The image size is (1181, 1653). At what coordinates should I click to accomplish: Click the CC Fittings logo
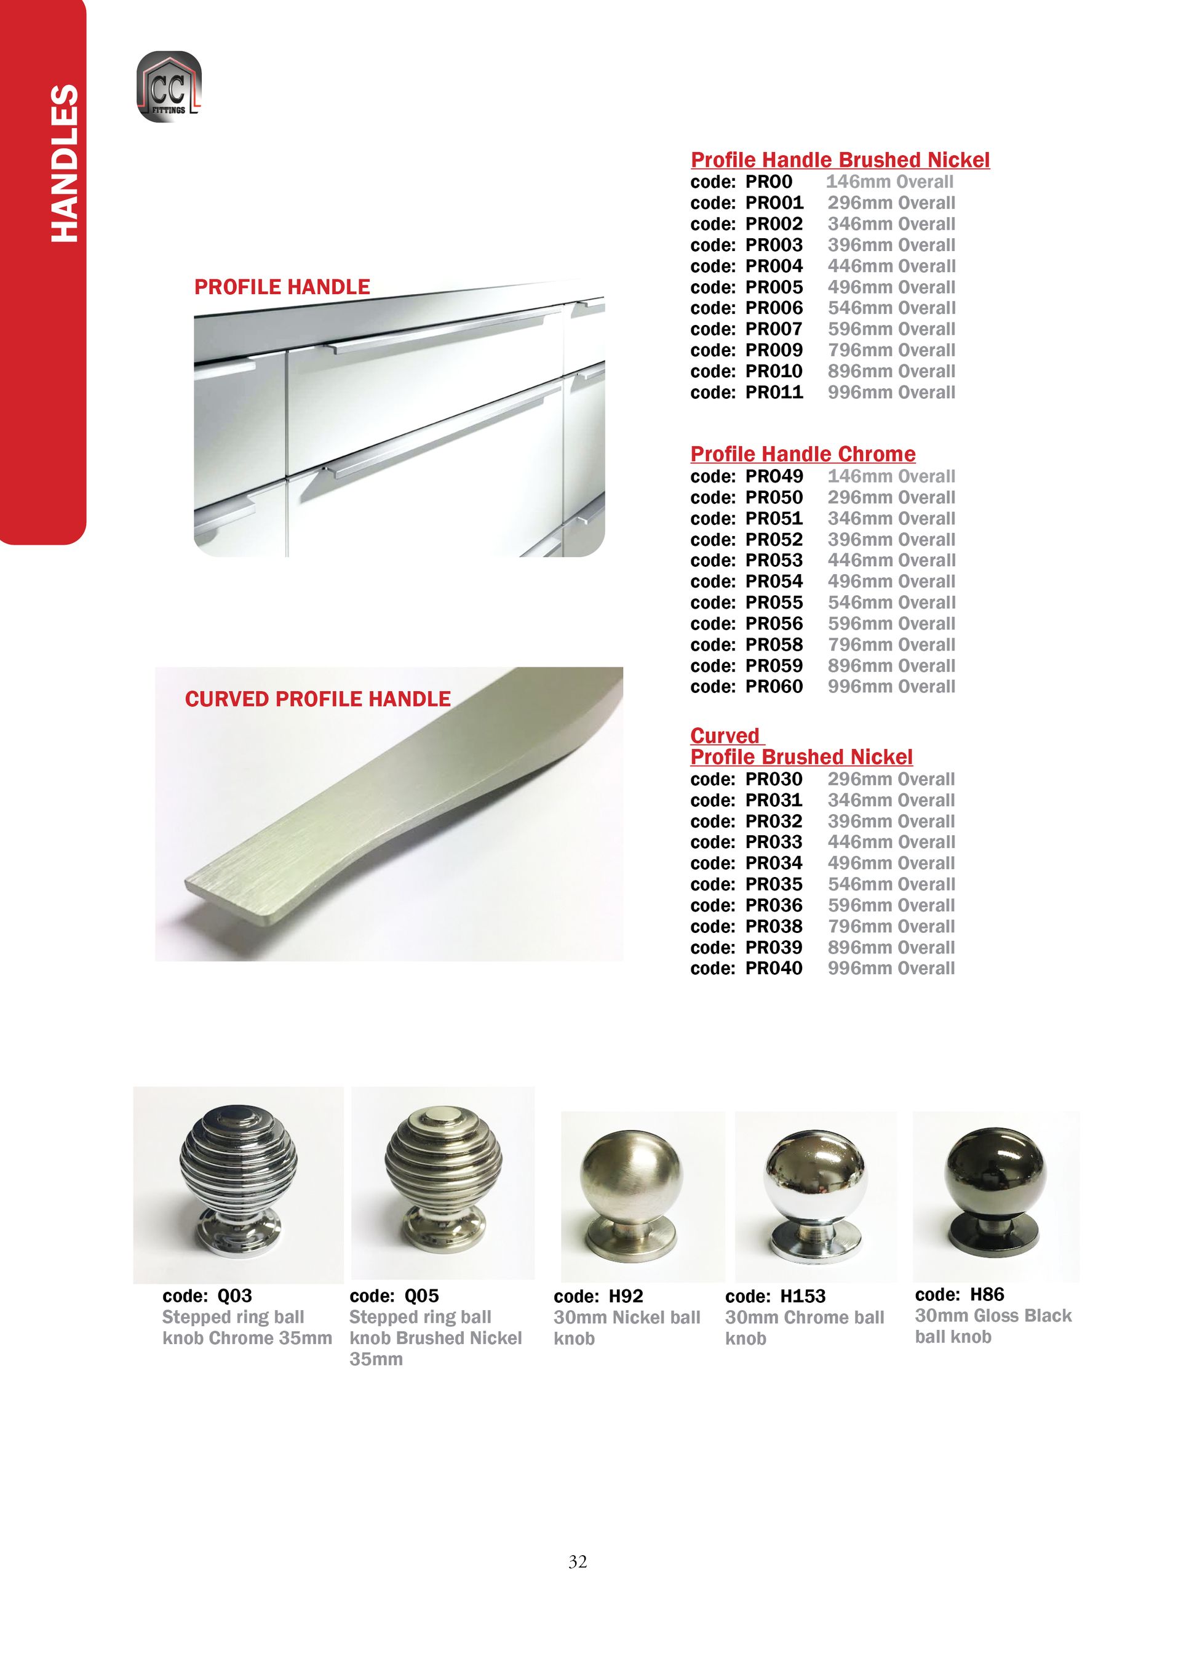pyautogui.click(x=169, y=87)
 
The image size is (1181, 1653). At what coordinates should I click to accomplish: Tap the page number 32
pyautogui.click(x=578, y=1561)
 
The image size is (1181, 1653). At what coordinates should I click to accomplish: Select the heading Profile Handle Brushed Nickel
pyautogui.click(x=840, y=160)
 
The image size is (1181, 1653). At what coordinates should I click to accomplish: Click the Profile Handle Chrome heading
pyautogui.click(x=803, y=454)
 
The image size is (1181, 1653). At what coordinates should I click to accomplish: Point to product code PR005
pyautogui.click(x=774, y=287)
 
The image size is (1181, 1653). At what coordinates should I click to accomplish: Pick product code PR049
pyautogui.click(x=774, y=476)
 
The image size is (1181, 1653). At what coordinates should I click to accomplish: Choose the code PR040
pyautogui.click(x=774, y=969)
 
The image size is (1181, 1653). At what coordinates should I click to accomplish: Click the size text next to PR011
pyautogui.click(x=891, y=393)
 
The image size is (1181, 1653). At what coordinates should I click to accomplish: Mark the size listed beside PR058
pyautogui.click(x=891, y=644)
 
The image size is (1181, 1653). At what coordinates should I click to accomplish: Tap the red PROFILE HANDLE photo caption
pyautogui.click(x=282, y=287)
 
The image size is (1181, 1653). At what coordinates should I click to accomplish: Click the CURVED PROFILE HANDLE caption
pyautogui.click(x=318, y=699)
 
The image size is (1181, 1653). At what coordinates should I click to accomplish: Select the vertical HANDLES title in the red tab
pyautogui.click(x=64, y=164)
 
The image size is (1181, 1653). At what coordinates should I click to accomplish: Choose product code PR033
pyautogui.click(x=774, y=843)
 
